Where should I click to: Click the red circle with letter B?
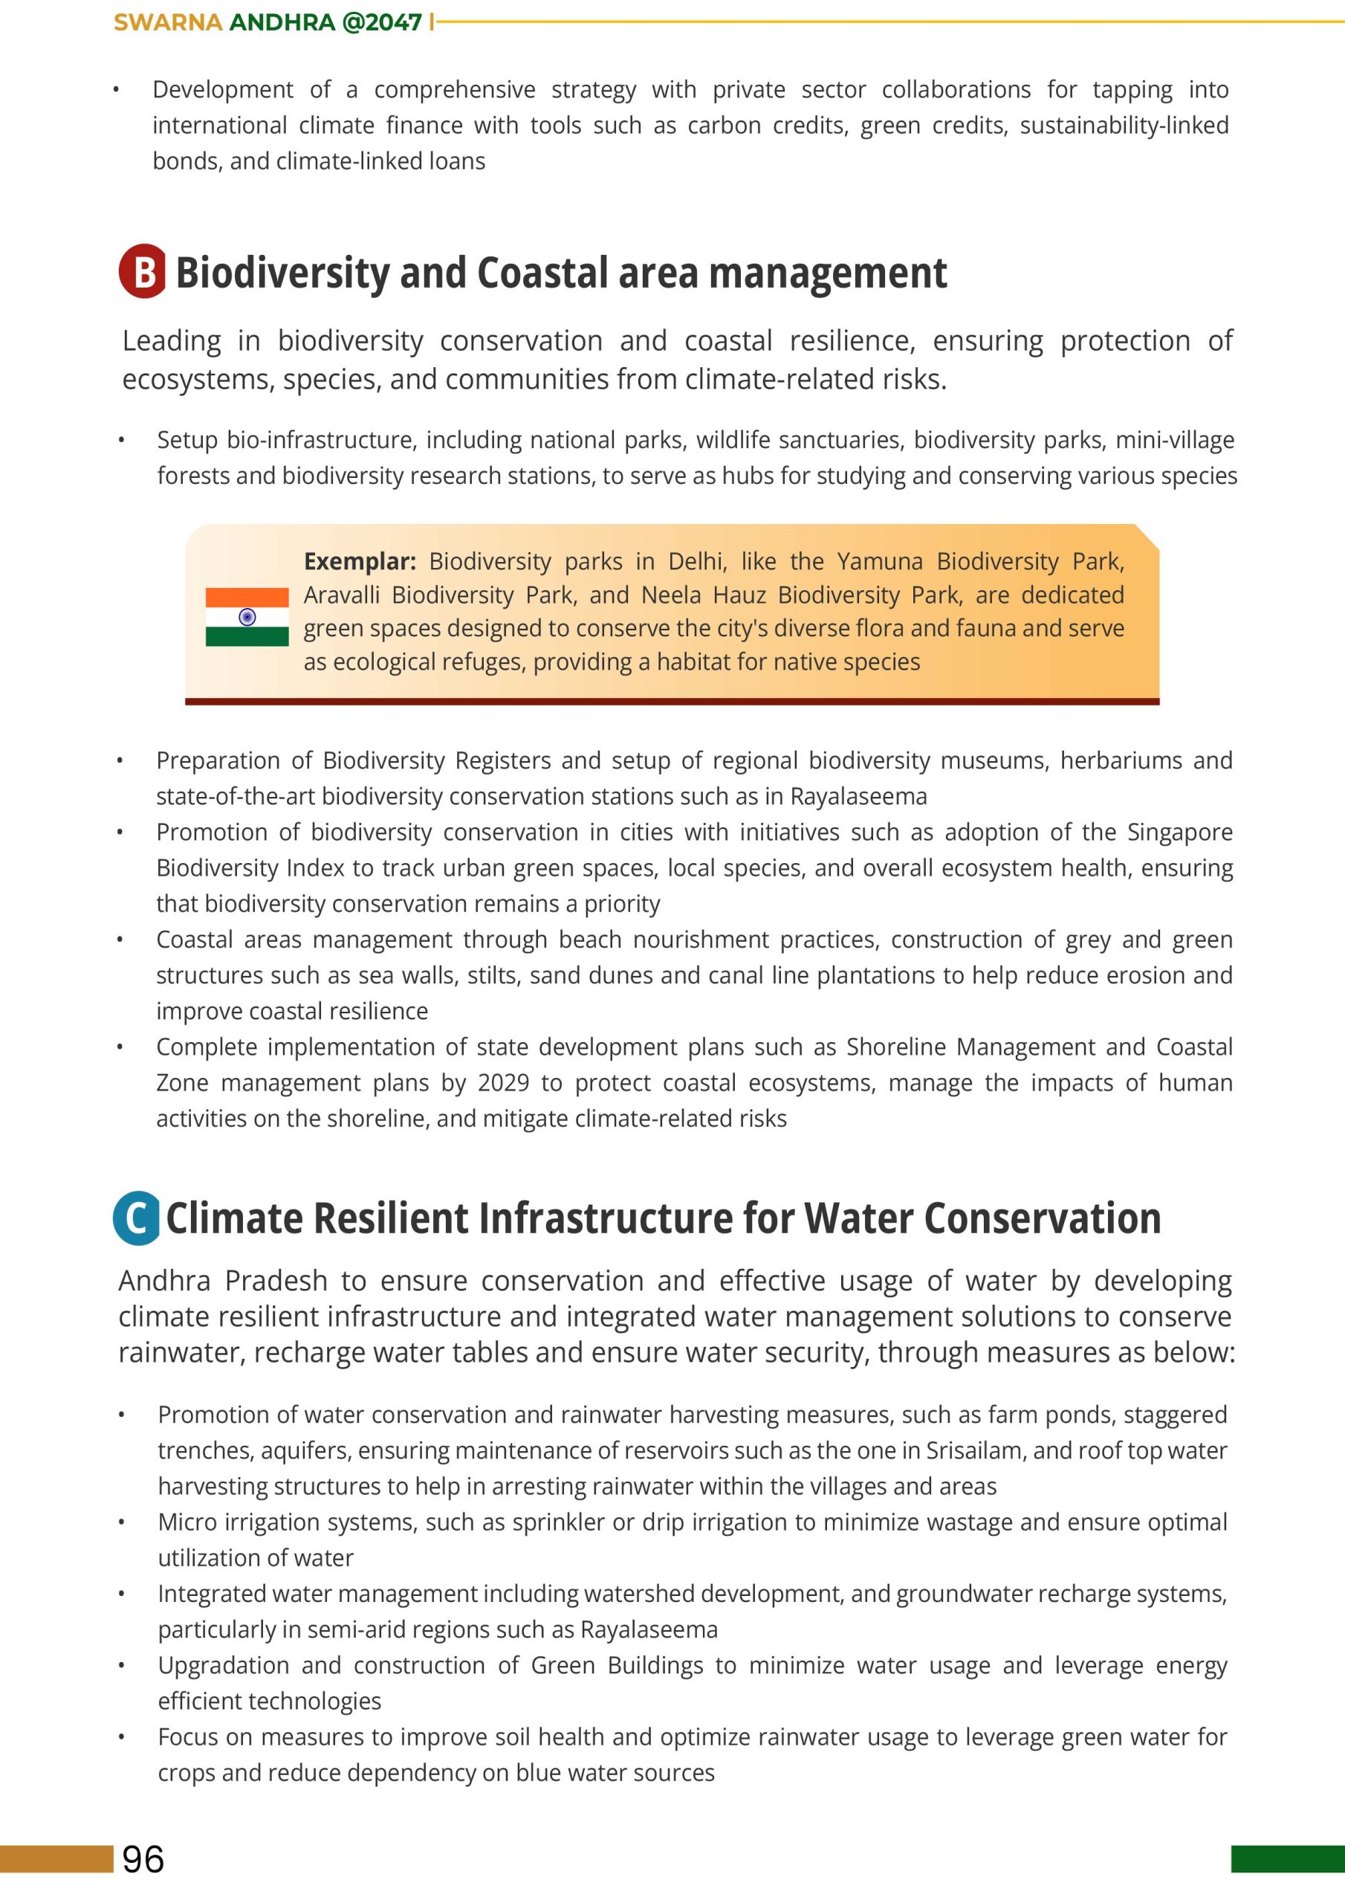[x=142, y=271]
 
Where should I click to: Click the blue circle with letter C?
[x=137, y=1218]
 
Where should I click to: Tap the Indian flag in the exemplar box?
[x=247, y=617]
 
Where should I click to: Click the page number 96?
[x=143, y=1859]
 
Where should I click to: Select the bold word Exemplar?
[x=360, y=562]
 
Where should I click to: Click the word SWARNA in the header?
[x=168, y=22]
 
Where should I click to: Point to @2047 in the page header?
[x=382, y=22]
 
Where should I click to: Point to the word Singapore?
[x=1179, y=832]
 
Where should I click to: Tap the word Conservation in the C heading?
[x=1042, y=1218]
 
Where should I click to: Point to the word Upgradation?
[x=223, y=1666]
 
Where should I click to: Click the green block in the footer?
[x=1287, y=1859]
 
